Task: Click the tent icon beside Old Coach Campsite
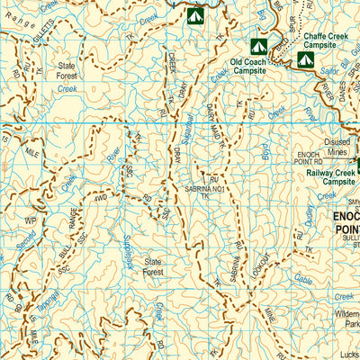tap(258, 45)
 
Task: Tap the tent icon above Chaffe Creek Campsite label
tap(305, 59)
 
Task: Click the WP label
tap(30, 219)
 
